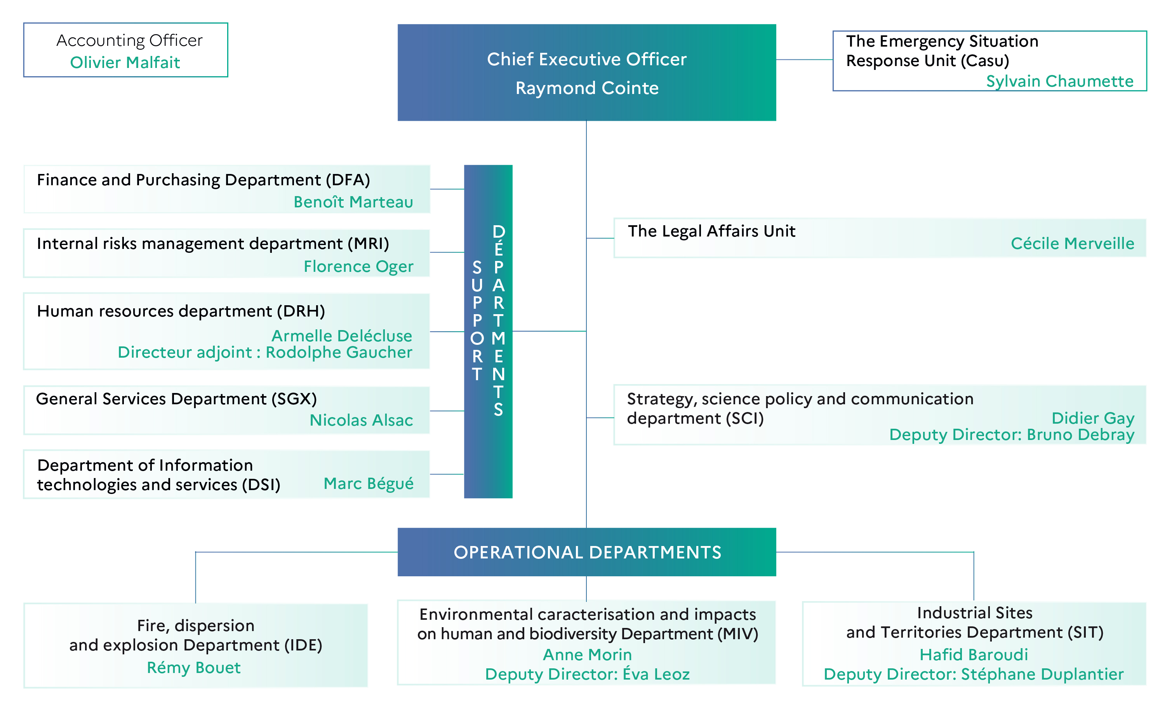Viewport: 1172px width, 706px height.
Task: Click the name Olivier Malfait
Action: (125, 62)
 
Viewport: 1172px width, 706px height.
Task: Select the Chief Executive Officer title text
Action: (586, 59)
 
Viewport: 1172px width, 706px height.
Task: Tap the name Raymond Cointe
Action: (587, 88)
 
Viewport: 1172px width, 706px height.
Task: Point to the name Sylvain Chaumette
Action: (1060, 81)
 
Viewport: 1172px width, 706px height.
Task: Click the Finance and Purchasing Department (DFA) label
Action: (203, 180)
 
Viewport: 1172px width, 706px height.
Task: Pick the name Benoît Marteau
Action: (353, 202)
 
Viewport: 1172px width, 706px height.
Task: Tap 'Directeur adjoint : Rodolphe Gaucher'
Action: (265, 352)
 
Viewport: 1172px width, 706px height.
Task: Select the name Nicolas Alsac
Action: (362, 420)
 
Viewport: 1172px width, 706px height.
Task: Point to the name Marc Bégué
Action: (369, 483)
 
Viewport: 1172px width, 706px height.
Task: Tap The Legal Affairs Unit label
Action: (711, 231)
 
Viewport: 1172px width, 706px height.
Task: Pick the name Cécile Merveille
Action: (1073, 243)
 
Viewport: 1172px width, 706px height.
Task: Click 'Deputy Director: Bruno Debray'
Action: (1012, 435)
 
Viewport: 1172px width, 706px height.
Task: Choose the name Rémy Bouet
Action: (194, 668)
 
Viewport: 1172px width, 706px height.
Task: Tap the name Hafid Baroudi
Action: (974, 655)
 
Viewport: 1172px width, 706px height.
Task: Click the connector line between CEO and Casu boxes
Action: (804, 59)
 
